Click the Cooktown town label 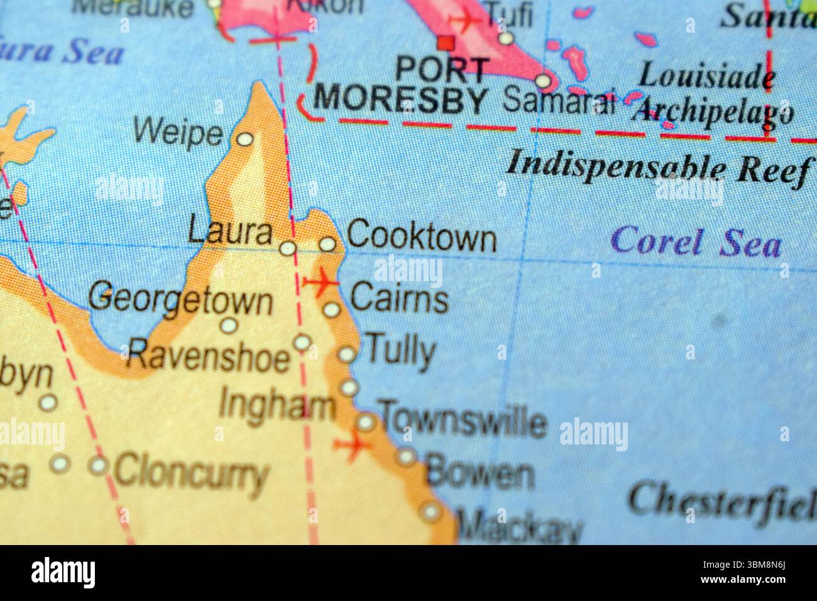(421, 238)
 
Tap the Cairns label (399, 298)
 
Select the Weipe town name (178, 133)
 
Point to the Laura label (230, 233)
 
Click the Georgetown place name (180, 299)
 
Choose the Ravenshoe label (208, 356)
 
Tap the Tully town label (400, 350)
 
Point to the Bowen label (480, 473)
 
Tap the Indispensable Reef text (657, 167)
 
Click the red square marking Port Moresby (446, 43)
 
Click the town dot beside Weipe (244, 139)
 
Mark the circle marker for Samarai (544, 81)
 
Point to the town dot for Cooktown (327, 244)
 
